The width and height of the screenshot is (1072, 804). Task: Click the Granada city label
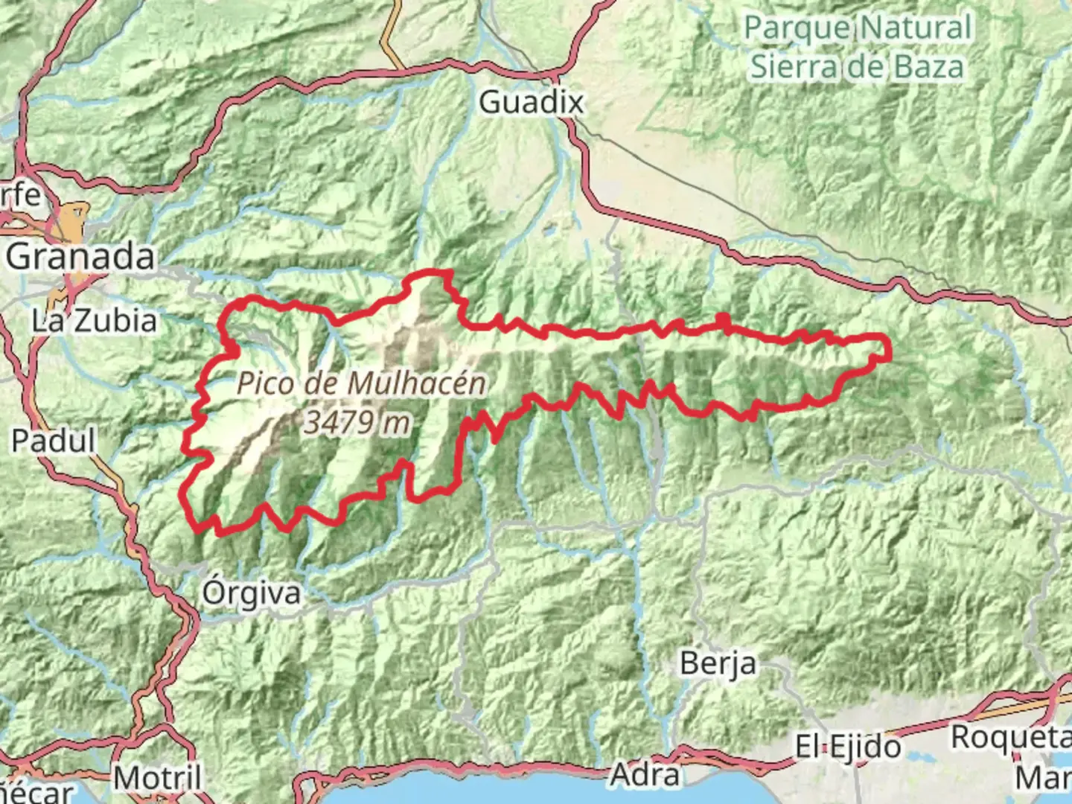pyautogui.click(x=81, y=257)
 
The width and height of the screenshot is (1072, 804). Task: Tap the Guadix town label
pyautogui.click(x=531, y=102)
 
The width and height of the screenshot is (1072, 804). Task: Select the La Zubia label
pyautogui.click(x=95, y=321)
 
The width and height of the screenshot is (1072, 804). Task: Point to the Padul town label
pyautogui.click(x=54, y=441)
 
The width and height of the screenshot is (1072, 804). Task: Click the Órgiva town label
pyautogui.click(x=252, y=593)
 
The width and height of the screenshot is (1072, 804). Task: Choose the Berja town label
pyautogui.click(x=718, y=663)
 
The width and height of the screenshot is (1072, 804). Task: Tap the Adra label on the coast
pyautogui.click(x=645, y=775)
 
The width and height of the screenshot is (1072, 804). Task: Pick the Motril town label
pyautogui.click(x=157, y=779)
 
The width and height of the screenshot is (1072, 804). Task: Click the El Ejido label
pyautogui.click(x=848, y=746)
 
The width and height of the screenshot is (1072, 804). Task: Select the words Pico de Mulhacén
pyautogui.click(x=361, y=384)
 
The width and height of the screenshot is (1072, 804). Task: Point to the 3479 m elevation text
pyautogui.click(x=357, y=423)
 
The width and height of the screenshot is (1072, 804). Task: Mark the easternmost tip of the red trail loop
pyautogui.click(x=890, y=348)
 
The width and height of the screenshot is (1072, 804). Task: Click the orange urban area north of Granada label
pyautogui.click(x=74, y=220)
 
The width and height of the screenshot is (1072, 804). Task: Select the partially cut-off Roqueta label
pyautogui.click(x=1011, y=738)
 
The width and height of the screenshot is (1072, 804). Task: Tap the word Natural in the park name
pyautogui.click(x=916, y=28)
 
